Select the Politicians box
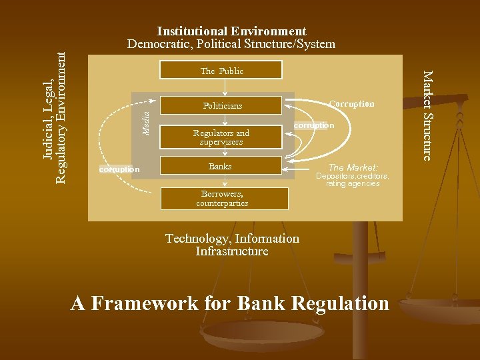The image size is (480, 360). tap(223, 105)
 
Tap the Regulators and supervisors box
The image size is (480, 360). tap(221, 137)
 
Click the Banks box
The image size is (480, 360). tap(220, 166)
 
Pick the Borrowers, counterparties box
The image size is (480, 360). tap(223, 199)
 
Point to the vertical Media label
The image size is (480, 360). tap(147, 115)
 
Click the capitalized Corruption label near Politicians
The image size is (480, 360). tap(351, 104)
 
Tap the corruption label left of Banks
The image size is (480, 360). tap(119, 169)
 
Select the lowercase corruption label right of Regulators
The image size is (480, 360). tap(314, 125)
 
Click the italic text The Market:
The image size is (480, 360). tap(353, 167)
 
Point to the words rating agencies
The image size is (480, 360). tap(353, 184)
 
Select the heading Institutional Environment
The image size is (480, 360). tap(231, 31)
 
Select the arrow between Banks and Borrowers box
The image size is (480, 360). tap(226, 181)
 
